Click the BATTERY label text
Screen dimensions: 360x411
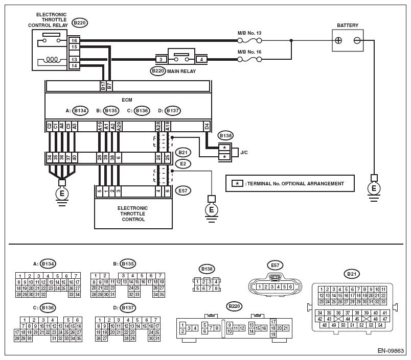[348, 25]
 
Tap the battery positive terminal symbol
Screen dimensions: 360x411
[338, 40]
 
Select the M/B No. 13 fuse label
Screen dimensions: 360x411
[249, 33]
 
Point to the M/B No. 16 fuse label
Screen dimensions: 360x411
[249, 52]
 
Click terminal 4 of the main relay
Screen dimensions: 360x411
[202, 59]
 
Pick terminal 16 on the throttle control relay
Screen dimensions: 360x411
[74, 40]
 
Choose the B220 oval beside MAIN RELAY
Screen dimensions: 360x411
[158, 71]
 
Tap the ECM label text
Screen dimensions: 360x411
[127, 101]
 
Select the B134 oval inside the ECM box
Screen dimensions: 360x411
[80, 110]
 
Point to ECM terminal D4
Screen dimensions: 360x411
[207, 126]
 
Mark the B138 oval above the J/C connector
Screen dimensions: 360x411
[225, 136]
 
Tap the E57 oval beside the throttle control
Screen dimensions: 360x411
[182, 191]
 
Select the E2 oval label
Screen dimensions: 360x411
[182, 164]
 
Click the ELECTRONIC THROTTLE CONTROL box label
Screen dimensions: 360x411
[132, 214]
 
